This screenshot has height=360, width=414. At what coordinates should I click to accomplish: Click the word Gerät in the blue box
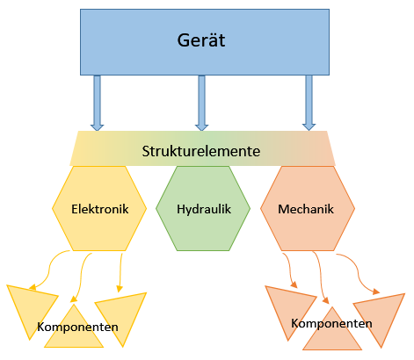(201, 40)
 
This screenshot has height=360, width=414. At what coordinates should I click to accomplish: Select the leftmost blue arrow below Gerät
(97, 102)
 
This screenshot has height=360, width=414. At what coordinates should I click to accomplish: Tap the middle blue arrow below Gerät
(202, 102)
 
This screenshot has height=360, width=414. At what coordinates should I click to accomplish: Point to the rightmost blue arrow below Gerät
(309, 102)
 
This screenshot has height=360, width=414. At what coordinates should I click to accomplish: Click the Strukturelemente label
(201, 151)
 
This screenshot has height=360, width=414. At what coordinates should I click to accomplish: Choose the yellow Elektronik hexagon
(100, 209)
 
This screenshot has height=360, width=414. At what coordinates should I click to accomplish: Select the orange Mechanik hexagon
(308, 209)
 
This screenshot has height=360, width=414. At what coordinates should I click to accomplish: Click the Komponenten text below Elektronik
(77, 327)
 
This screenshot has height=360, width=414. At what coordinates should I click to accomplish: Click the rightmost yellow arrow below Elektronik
(120, 272)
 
